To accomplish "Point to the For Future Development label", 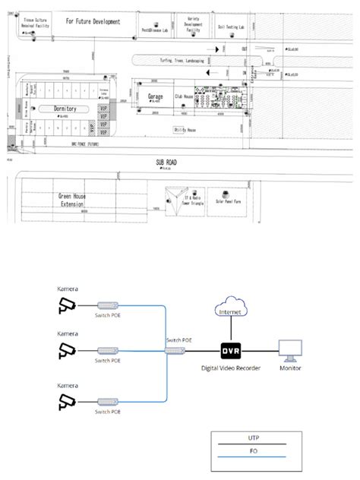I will click(93, 23).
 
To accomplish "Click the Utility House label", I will click(185, 130).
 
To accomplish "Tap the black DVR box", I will click(229, 351).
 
